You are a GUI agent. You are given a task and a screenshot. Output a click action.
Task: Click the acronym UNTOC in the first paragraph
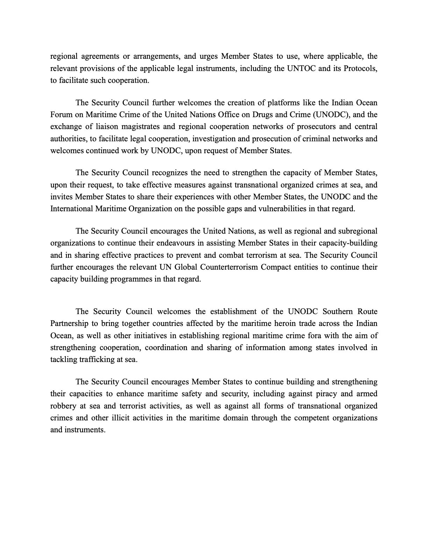tap(301, 68)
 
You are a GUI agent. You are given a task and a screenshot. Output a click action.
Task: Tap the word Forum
tap(62, 115)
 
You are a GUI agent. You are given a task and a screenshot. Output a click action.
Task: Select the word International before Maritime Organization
tap(72, 209)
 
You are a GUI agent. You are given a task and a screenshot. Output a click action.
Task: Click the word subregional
tap(356, 231)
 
